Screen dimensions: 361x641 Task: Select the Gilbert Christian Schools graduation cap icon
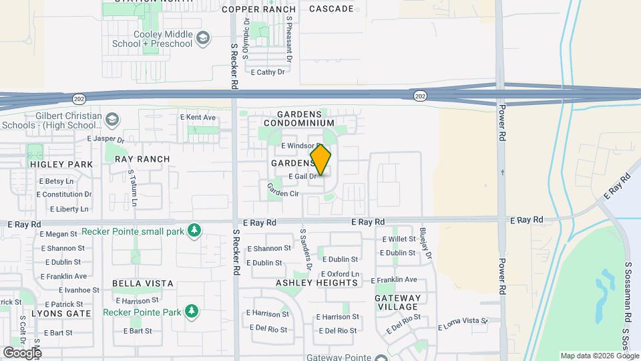click(x=112, y=120)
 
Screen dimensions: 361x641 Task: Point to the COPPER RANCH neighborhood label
click(x=258, y=9)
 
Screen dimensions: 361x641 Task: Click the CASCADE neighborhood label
click(x=331, y=9)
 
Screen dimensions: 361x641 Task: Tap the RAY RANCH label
click(x=142, y=159)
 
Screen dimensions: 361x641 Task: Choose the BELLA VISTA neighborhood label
click(x=143, y=283)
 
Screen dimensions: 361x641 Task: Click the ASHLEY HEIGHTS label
click(x=316, y=283)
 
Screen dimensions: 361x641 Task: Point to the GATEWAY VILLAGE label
click(x=398, y=302)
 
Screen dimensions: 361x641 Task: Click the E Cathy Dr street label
click(x=267, y=72)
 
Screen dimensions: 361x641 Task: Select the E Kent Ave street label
click(x=198, y=118)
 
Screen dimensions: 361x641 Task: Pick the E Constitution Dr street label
click(x=64, y=195)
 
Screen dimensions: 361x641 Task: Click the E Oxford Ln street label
click(x=340, y=274)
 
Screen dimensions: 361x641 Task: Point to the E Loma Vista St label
click(x=463, y=324)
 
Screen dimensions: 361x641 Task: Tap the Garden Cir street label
click(x=283, y=190)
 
